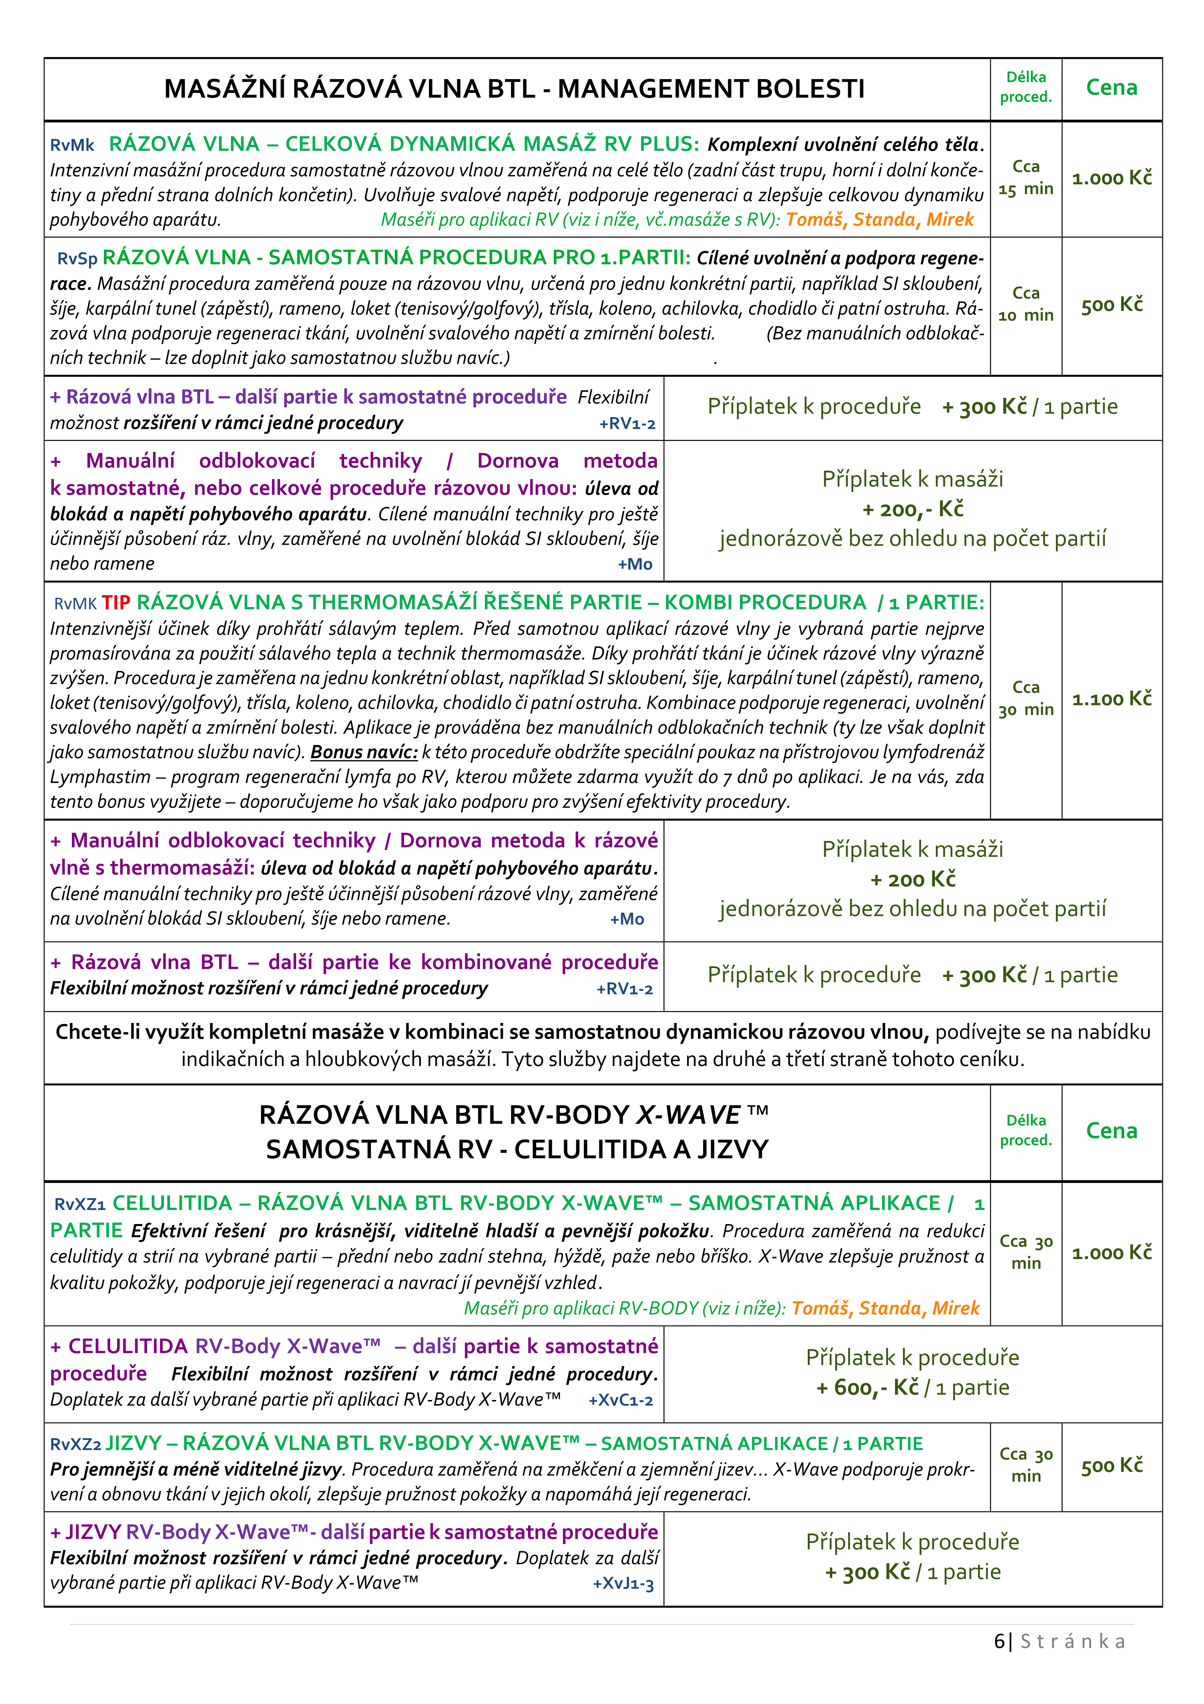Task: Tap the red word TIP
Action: (116, 603)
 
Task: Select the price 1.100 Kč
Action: (1111, 699)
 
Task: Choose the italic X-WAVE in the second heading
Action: (689, 1115)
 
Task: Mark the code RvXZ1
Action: (79, 1204)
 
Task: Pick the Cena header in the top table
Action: (1111, 88)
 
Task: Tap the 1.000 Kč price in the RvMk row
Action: (1111, 178)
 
